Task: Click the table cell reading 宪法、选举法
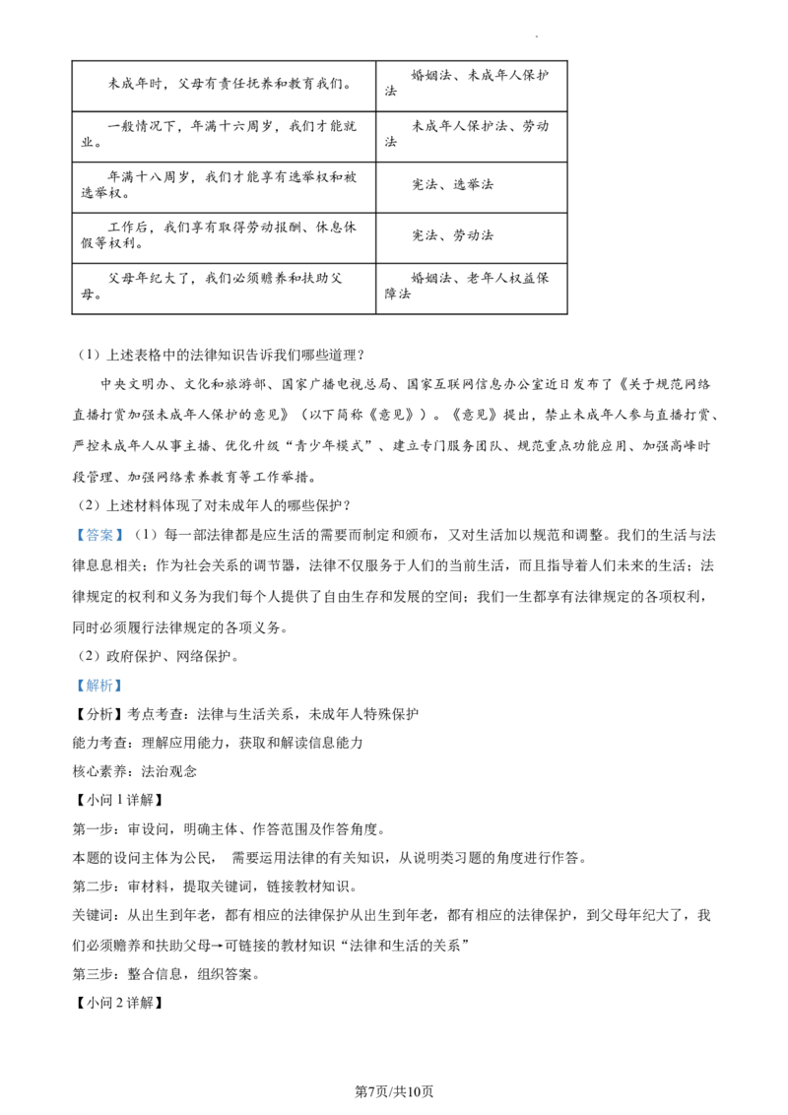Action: [472, 187]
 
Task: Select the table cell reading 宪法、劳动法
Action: [472, 237]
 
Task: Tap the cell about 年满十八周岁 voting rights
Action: [224, 187]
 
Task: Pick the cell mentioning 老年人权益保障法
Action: [472, 288]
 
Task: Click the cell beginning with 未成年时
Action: [224, 86]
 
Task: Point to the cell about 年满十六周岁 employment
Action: [224, 137]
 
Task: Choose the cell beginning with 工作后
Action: [224, 237]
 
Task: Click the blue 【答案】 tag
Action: [99, 535]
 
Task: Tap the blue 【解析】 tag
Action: [99, 686]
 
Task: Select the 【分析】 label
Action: [99, 714]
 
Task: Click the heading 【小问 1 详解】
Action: [120, 800]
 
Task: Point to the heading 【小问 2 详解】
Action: [120, 1003]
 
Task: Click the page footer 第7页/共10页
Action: [393, 1091]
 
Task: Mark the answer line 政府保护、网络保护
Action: [158, 656]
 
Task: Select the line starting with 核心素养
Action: [134, 771]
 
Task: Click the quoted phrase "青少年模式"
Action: [335, 446]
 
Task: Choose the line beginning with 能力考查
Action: [218, 743]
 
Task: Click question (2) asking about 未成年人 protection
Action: [214, 505]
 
